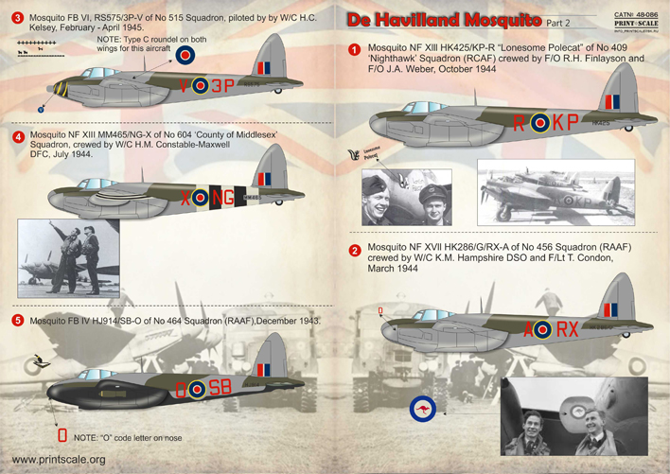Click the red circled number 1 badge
354,50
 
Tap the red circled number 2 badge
355,251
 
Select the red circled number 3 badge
16,18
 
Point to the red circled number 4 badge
17,135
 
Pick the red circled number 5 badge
17,321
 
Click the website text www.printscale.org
58,460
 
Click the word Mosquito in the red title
502,19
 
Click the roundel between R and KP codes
539,123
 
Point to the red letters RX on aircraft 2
566,329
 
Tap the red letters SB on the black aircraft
220,386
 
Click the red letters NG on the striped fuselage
222,197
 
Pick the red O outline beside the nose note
62,436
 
